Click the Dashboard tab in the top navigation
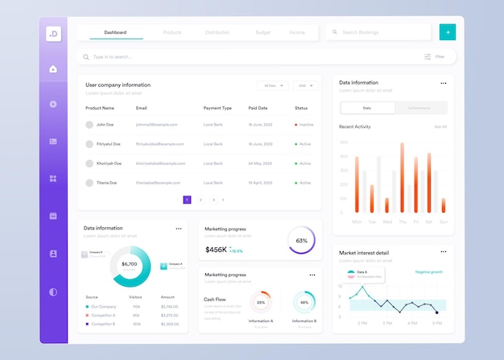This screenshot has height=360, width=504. coord(115,32)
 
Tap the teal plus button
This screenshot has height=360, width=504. coord(448,32)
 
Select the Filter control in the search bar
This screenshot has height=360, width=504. coord(434,57)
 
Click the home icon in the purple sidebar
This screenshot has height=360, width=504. coord(53,69)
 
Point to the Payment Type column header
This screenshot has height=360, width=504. coord(217,108)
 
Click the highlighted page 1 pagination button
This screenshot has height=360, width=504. coord(187,199)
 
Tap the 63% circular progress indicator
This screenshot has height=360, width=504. coord(301,240)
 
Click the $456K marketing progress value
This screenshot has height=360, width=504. coord(216,250)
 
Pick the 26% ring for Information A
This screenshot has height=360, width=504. coord(261,303)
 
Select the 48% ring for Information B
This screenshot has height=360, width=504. coord(304,303)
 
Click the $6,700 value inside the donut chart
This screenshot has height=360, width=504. coord(130,264)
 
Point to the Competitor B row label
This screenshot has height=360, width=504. coord(103,324)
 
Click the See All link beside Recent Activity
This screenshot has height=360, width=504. coord(440,126)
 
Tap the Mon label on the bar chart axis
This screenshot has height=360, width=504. coord(357,221)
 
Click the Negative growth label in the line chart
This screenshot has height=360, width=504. coord(428,272)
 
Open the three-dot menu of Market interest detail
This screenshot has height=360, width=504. coord(443,252)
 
